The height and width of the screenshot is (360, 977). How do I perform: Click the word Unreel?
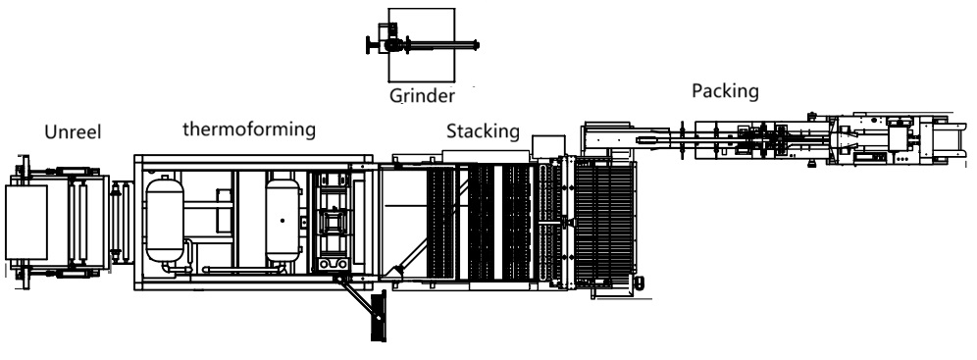point(73,132)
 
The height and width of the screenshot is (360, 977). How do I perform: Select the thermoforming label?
point(249,129)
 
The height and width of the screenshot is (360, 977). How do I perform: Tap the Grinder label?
point(423,96)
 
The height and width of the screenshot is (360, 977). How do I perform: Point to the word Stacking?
point(483,131)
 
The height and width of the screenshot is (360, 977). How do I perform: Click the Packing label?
point(725,91)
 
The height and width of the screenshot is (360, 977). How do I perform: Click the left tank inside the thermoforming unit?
point(165,221)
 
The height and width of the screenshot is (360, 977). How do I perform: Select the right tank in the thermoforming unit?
point(283,221)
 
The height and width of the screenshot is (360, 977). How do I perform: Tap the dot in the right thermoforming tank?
point(283,221)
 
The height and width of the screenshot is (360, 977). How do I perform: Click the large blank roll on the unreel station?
point(26,223)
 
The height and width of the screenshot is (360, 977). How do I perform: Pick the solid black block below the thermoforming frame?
point(379,318)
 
